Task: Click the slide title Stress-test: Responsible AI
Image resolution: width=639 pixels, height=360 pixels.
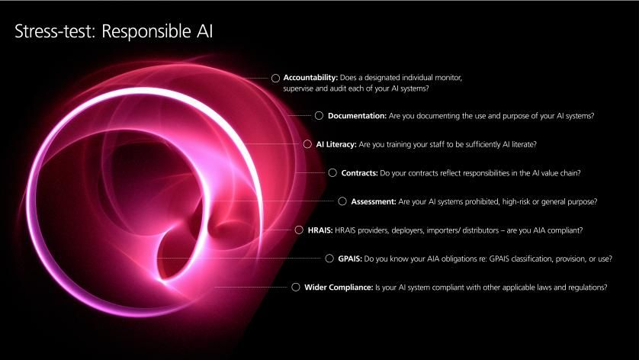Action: tap(114, 31)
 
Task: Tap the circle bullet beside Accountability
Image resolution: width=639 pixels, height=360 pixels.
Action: tap(275, 78)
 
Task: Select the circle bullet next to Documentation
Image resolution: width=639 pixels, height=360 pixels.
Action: tap(319, 116)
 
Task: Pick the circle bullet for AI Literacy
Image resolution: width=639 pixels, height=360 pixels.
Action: tap(307, 144)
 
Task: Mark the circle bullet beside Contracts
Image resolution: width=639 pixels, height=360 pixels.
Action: tap(332, 173)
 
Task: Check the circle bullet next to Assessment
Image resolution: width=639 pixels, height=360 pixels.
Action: tap(342, 201)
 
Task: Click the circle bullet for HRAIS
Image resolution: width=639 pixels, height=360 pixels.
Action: tap(299, 230)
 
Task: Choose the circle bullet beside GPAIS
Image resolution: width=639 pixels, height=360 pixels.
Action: tap(329, 259)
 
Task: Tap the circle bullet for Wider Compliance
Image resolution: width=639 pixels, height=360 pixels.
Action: tap(296, 287)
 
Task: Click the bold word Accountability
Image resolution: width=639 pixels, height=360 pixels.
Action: tap(310, 78)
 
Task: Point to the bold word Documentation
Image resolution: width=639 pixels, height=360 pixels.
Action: tap(357, 116)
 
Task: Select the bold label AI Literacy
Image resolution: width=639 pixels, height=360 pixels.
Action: tap(336, 144)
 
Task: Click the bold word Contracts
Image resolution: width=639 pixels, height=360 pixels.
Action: tap(359, 173)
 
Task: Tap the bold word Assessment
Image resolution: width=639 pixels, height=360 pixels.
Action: tap(374, 201)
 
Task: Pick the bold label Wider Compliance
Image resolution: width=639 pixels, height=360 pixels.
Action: tap(339, 288)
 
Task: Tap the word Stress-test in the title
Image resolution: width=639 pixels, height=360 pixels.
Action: tap(55, 31)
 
